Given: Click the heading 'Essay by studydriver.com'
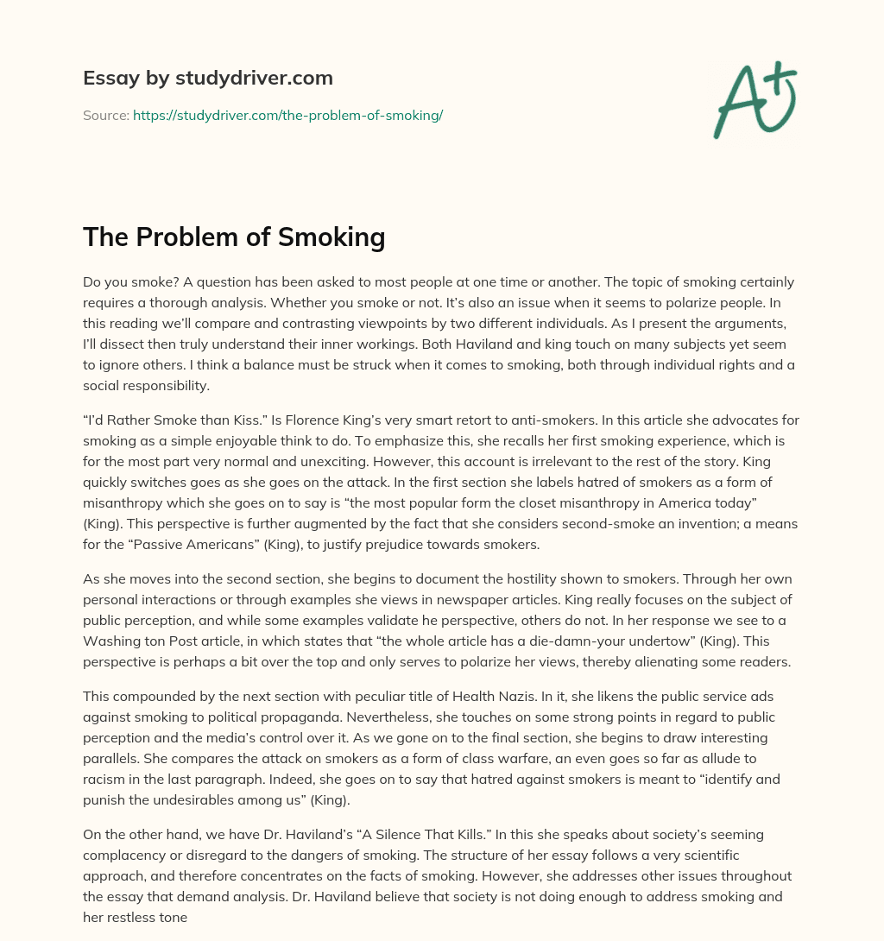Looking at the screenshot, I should click(207, 78).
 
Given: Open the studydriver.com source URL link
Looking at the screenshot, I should click(287, 115).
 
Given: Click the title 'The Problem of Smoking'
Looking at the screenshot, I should click(234, 237).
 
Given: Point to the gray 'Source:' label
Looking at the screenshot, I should click(105, 115).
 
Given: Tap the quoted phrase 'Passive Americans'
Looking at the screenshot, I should click(180, 544).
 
